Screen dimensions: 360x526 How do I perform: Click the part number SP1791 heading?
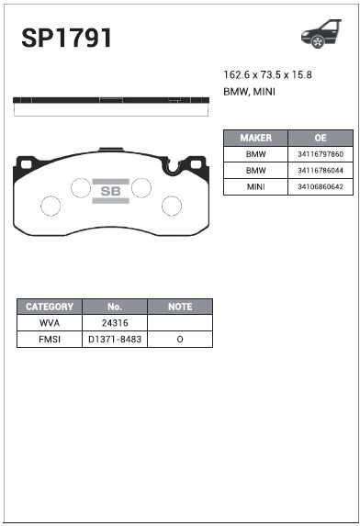click(x=66, y=38)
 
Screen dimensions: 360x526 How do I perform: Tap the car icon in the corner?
click(x=321, y=34)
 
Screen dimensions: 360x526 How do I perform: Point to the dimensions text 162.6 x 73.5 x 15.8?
click(x=268, y=74)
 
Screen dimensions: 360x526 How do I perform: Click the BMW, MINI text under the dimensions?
click(x=249, y=92)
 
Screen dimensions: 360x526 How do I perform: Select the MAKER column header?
click(x=255, y=138)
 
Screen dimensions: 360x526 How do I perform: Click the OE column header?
click(x=321, y=138)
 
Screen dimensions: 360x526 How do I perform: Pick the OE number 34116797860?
click(x=321, y=154)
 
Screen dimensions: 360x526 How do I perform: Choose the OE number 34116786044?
click(x=321, y=171)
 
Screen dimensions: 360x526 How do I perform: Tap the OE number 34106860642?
click(x=321, y=186)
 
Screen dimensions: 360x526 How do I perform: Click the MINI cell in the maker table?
click(x=255, y=186)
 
